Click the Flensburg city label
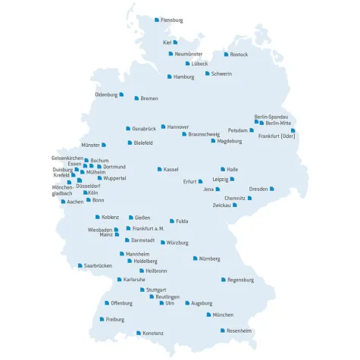(x=171, y=20)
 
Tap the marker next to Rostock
(x=226, y=55)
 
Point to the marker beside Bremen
(x=136, y=98)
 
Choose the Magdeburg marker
(x=212, y=141)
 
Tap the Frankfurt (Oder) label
(x=277, y=136)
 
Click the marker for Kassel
(x=160, y=169)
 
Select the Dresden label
(x=258, y=189)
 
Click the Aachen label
(x=75, y=202)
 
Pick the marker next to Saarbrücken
(x=80, y=266)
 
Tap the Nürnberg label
(x=209, y=258)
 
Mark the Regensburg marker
(x=224, y=280)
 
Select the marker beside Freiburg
(x=102, y=320)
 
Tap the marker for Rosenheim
(x=223, y=330)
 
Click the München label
(x=223, y=315)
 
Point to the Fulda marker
(x=172, y=221)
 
